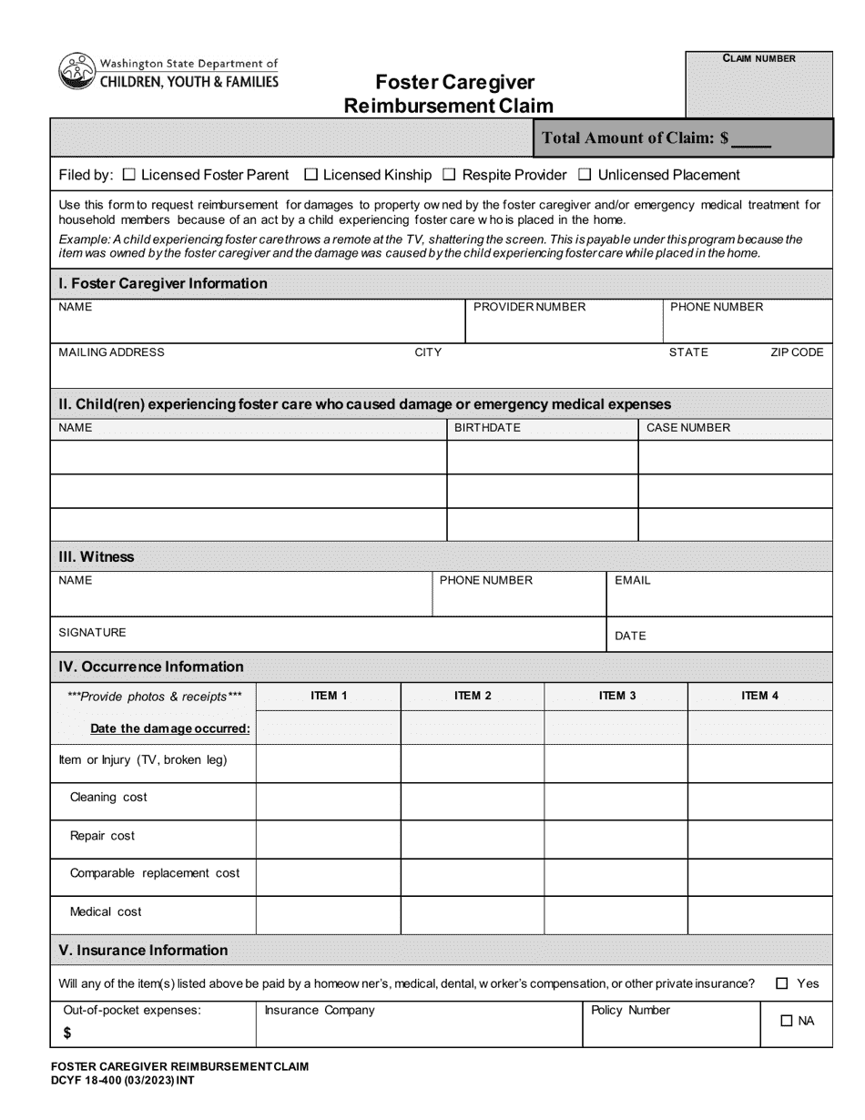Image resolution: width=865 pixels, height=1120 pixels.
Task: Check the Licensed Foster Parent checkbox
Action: pyautogui.click(x=128, y=175)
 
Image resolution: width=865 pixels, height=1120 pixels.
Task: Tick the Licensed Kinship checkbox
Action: pyautogui.click(x=310, y=175)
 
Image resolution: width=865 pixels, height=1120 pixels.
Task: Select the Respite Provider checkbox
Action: pyautogui.click(x=449, y=175)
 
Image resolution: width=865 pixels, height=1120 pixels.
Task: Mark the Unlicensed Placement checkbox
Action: pyautogui.click(x=585, y=175)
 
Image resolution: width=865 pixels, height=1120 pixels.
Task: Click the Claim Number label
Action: pyautogui.click(x=758, y=58)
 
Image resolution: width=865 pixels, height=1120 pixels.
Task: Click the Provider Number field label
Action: pyautogui.click(x=529, y=307)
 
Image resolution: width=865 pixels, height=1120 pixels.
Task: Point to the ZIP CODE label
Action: pyautogui.click(x=797, y=352)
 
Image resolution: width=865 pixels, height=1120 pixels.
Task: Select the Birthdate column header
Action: pyautogui.click(x=487, y=428)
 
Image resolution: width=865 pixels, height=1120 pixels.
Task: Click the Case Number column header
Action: pyautogui.click(x=687, y=428)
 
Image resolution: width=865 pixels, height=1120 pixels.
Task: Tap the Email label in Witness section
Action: pyautogui.click(x=633, y=581)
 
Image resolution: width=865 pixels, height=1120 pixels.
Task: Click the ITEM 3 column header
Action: pyautogui.click(x=616, y=696)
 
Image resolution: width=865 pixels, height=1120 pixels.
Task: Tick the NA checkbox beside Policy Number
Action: pyautogui.click(x=787, y=1022)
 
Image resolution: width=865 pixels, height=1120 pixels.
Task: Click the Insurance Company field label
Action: pyautogui.click(x=319, y=1011)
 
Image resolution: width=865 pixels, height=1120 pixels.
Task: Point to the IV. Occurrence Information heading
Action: pyautogui.click(x=151, y=667)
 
